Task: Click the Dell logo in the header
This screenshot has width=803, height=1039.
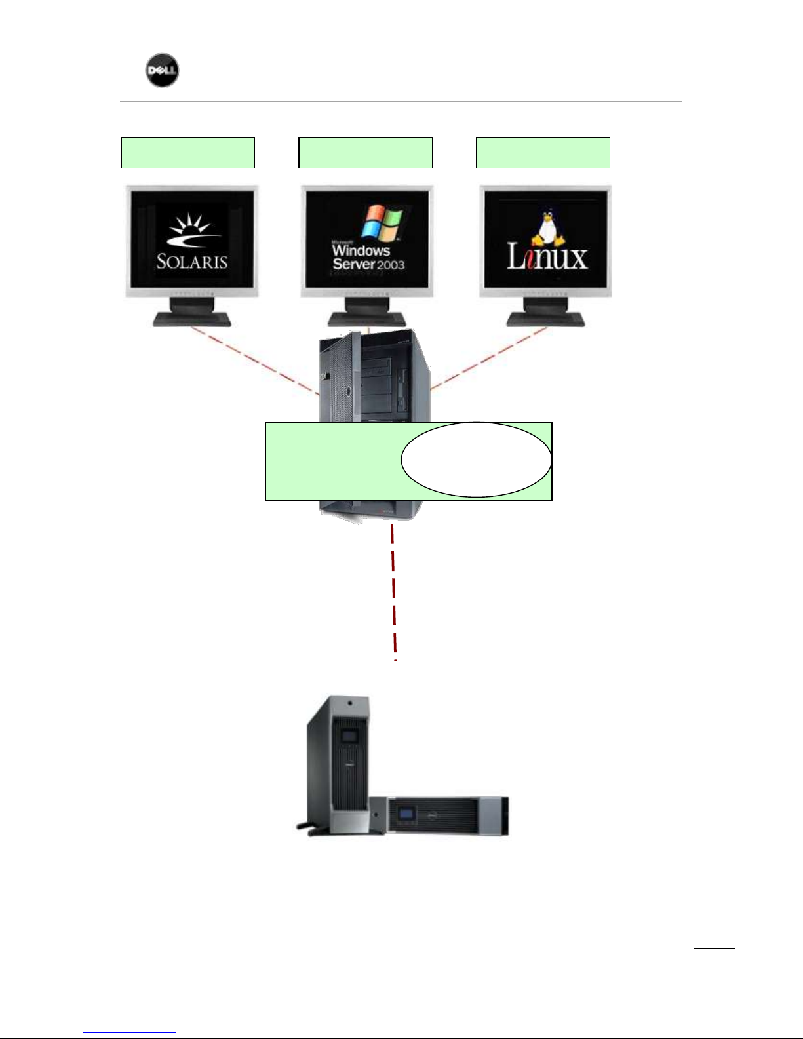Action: pyautogui.click(x=162, y=70)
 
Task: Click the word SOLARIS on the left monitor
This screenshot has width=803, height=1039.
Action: pyautogui.click(x=191, y=262)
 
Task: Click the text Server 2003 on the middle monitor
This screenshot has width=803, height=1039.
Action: pyautogui.click(x=368, y=264)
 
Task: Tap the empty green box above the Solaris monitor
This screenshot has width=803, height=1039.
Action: pyautogui.click(x=188, y=153)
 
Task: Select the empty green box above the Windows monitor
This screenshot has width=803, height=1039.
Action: pyautogui.click(x=365, y=153)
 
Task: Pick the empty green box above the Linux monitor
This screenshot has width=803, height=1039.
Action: pyautogui.click(x=543, y=153)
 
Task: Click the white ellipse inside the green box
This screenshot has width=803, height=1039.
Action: pyautogui.click(x=476, y=459)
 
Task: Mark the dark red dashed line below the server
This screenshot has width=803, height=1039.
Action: pyautogui.click(x=393, y=590)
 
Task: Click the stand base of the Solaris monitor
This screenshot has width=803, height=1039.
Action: pyautogui.click(x=192, y=319)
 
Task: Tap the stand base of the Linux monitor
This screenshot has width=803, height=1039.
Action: pyautogui.click(x=546, y=319)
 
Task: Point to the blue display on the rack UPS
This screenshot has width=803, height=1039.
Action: pyautogui.click(x=407, y=815)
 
